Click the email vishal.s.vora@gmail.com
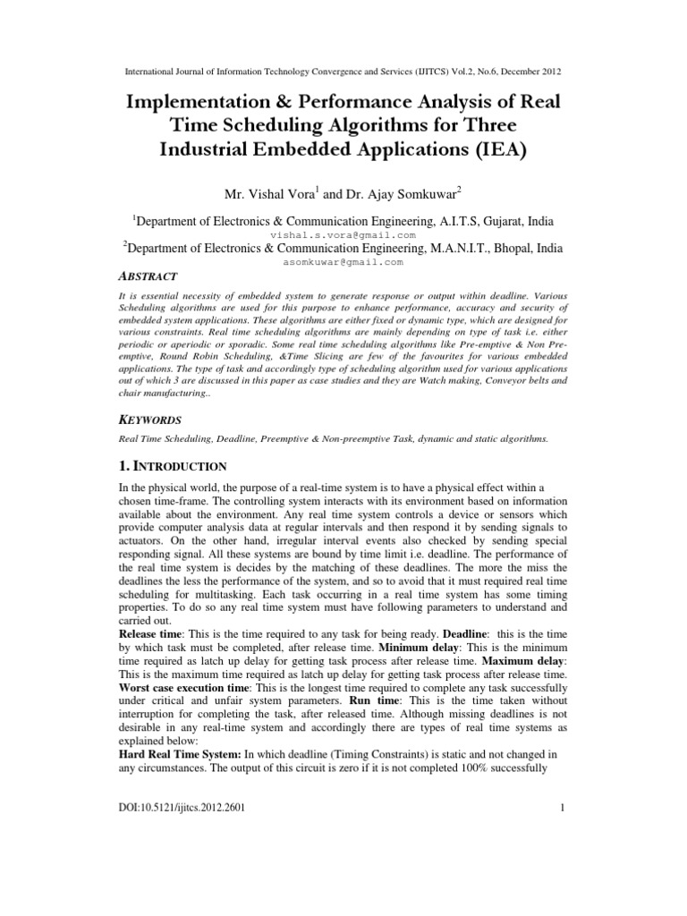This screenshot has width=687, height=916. pyautogui.click(x=343, y=231)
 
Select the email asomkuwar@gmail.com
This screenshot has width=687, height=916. pyautogui.click(x=343, y=263)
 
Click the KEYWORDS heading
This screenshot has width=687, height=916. pyautogui.click(x=150, y=420)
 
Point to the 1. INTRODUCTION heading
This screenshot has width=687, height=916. pyautogui.click(x=173, y=466)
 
